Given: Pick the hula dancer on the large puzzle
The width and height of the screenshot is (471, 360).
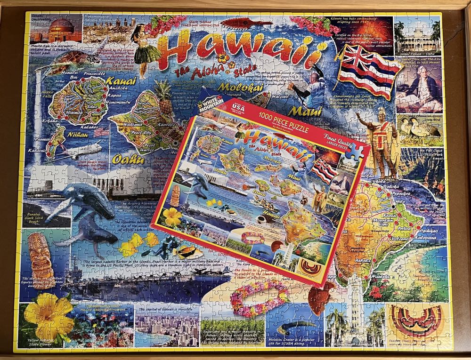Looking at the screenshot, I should [140, 52].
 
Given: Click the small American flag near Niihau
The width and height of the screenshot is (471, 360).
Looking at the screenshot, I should [101, 132].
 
